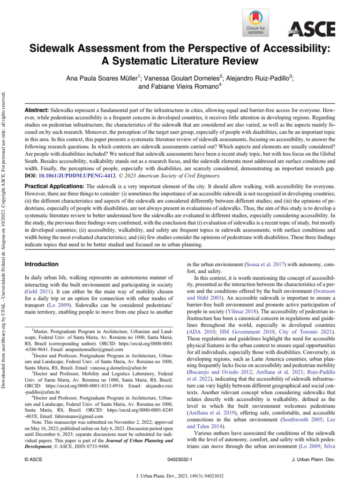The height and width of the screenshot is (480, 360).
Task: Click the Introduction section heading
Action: click(x=41, y=264)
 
